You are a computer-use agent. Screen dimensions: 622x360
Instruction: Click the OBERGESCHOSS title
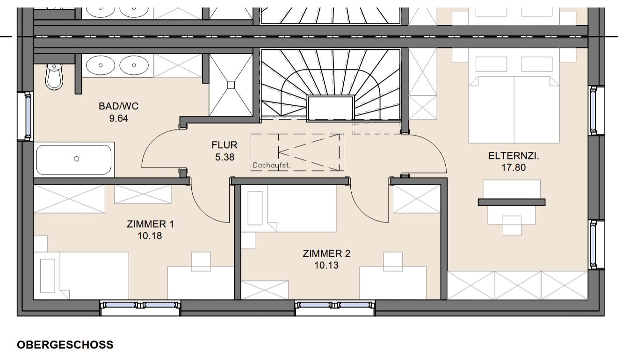point(65,345)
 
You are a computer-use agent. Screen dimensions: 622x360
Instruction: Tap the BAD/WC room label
point(119,106)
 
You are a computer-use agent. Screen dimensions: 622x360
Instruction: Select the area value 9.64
point(119,119)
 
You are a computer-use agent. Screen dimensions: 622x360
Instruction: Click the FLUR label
point(224,145)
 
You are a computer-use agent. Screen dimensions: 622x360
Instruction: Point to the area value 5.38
point(224,157)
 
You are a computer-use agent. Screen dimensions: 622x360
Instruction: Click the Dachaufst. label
point(272,166)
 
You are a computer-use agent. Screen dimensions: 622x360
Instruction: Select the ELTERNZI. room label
point(514,156)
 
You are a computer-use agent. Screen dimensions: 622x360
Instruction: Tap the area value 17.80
point(514,168)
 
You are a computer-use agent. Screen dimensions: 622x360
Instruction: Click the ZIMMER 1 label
point(150,224)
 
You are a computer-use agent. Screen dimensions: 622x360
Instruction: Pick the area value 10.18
point(150,236)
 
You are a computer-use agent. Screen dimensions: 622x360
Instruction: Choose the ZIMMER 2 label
point(326,253)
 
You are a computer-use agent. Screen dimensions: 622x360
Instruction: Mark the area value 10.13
point(326,266)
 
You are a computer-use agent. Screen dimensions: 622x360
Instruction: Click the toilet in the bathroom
point(54,76)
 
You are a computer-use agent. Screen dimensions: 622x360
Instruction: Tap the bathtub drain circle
point(77,159)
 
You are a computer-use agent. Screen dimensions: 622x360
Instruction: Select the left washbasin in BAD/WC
point(101,65)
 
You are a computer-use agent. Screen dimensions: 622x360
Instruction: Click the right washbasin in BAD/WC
point(134,65)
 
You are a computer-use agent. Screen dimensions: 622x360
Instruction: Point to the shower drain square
point(231,85)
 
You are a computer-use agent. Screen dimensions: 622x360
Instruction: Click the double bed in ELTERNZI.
point(514,110)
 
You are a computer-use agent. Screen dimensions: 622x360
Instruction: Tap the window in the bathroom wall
point(27,116)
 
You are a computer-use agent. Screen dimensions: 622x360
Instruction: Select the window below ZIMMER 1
point(140,306)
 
